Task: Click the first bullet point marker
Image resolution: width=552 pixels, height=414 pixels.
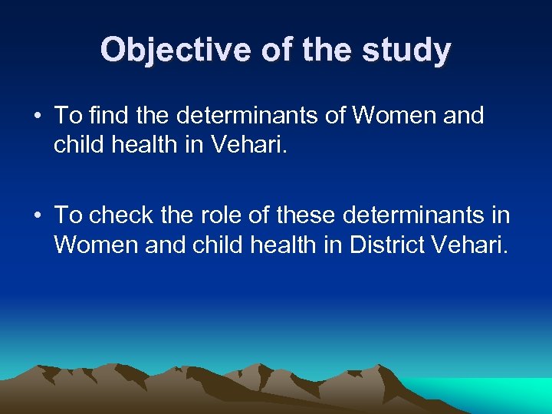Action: pyautogui.click(x=37, y=117)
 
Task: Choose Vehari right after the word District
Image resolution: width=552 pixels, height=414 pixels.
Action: pyautogui.click(x=468, y=245)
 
